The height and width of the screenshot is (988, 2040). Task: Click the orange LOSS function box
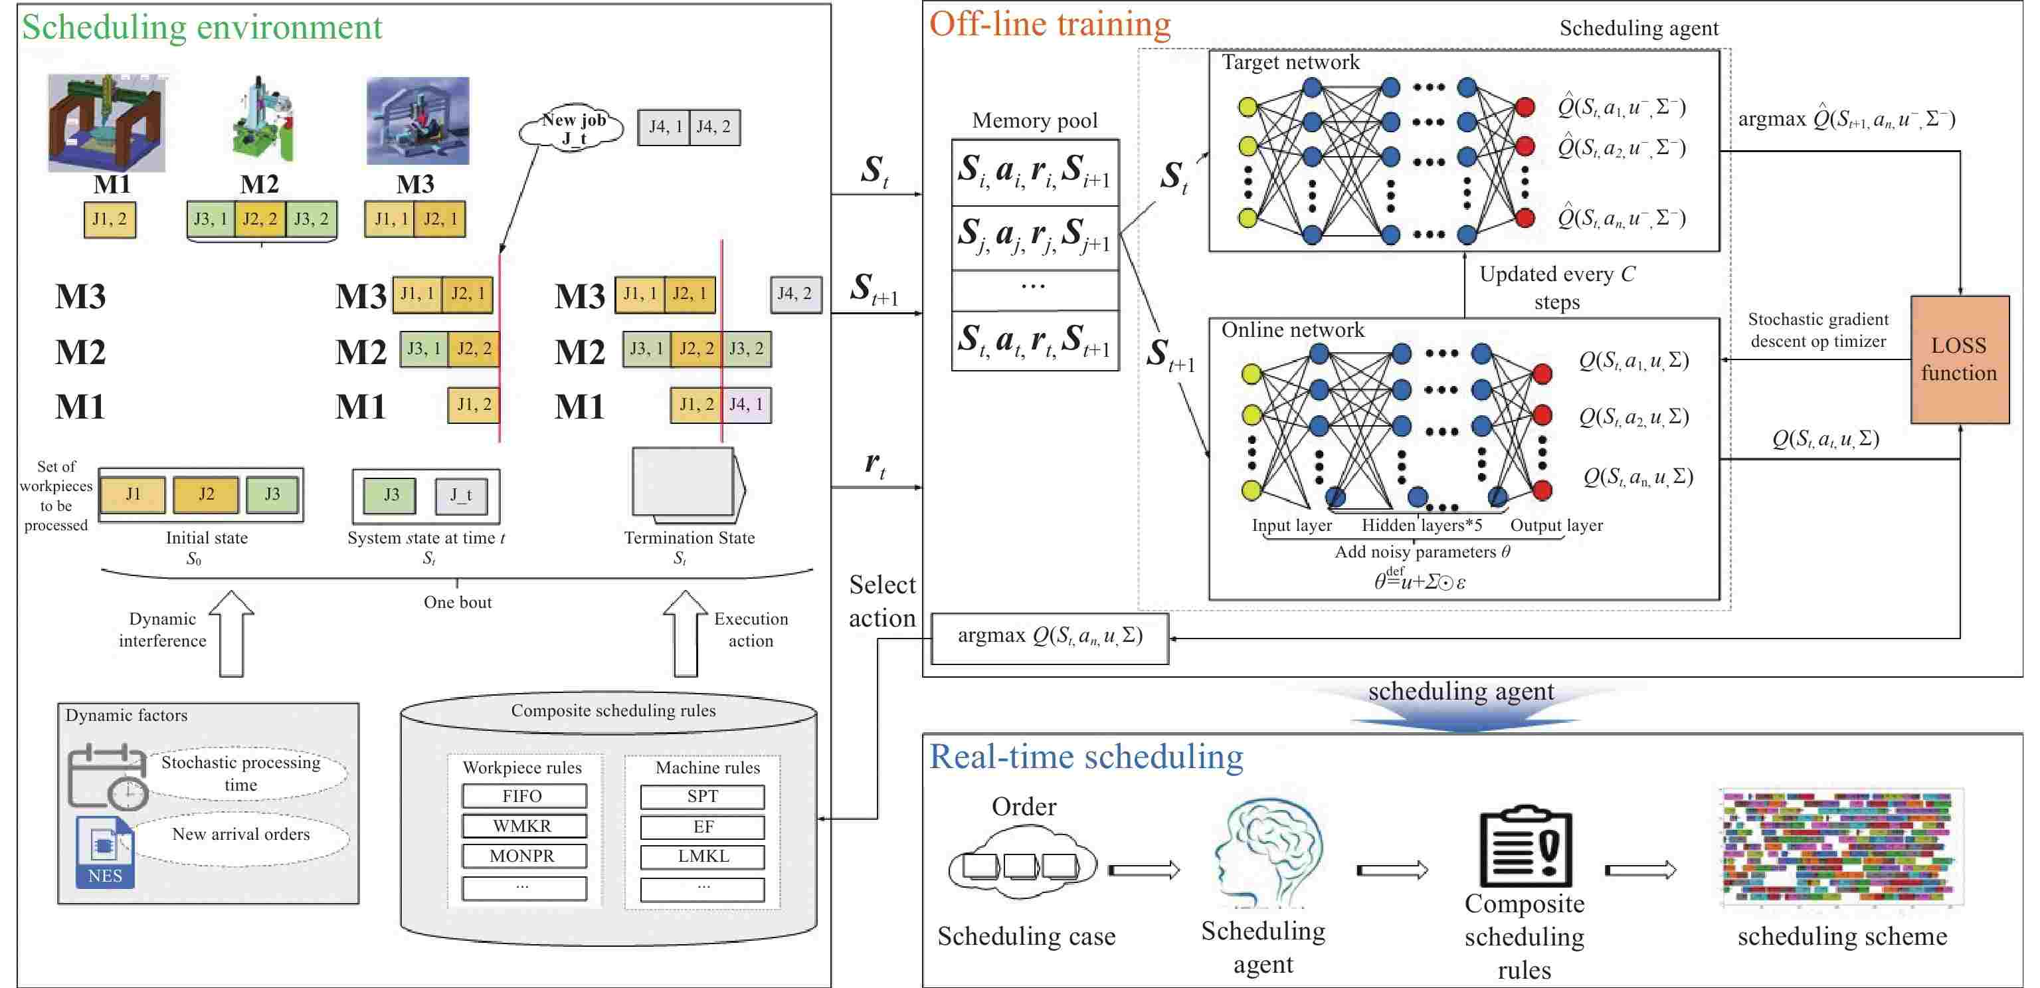click(1959, 359)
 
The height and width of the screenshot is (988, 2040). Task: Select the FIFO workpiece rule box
click(523, 795)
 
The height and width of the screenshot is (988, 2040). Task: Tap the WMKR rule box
click(523, 826)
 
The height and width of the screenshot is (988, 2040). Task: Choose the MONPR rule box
click(523, 856)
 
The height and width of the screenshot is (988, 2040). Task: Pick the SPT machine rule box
click(702, 796)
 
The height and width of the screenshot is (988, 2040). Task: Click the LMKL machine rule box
click(702, 856)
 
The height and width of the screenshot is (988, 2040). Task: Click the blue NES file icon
click(104, 852)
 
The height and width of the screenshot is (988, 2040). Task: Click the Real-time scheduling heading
click(1085, 757)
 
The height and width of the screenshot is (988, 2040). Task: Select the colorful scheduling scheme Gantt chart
click(1841, 847)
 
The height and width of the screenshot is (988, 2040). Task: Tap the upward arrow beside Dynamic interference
click(231, 633)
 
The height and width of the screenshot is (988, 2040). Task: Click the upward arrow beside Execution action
click(685, 633)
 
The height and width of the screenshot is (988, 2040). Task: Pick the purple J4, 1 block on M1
click(746, 405)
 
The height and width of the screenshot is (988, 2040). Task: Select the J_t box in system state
click(461, 495)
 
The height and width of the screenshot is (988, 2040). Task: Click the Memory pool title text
click(1034, 120)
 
